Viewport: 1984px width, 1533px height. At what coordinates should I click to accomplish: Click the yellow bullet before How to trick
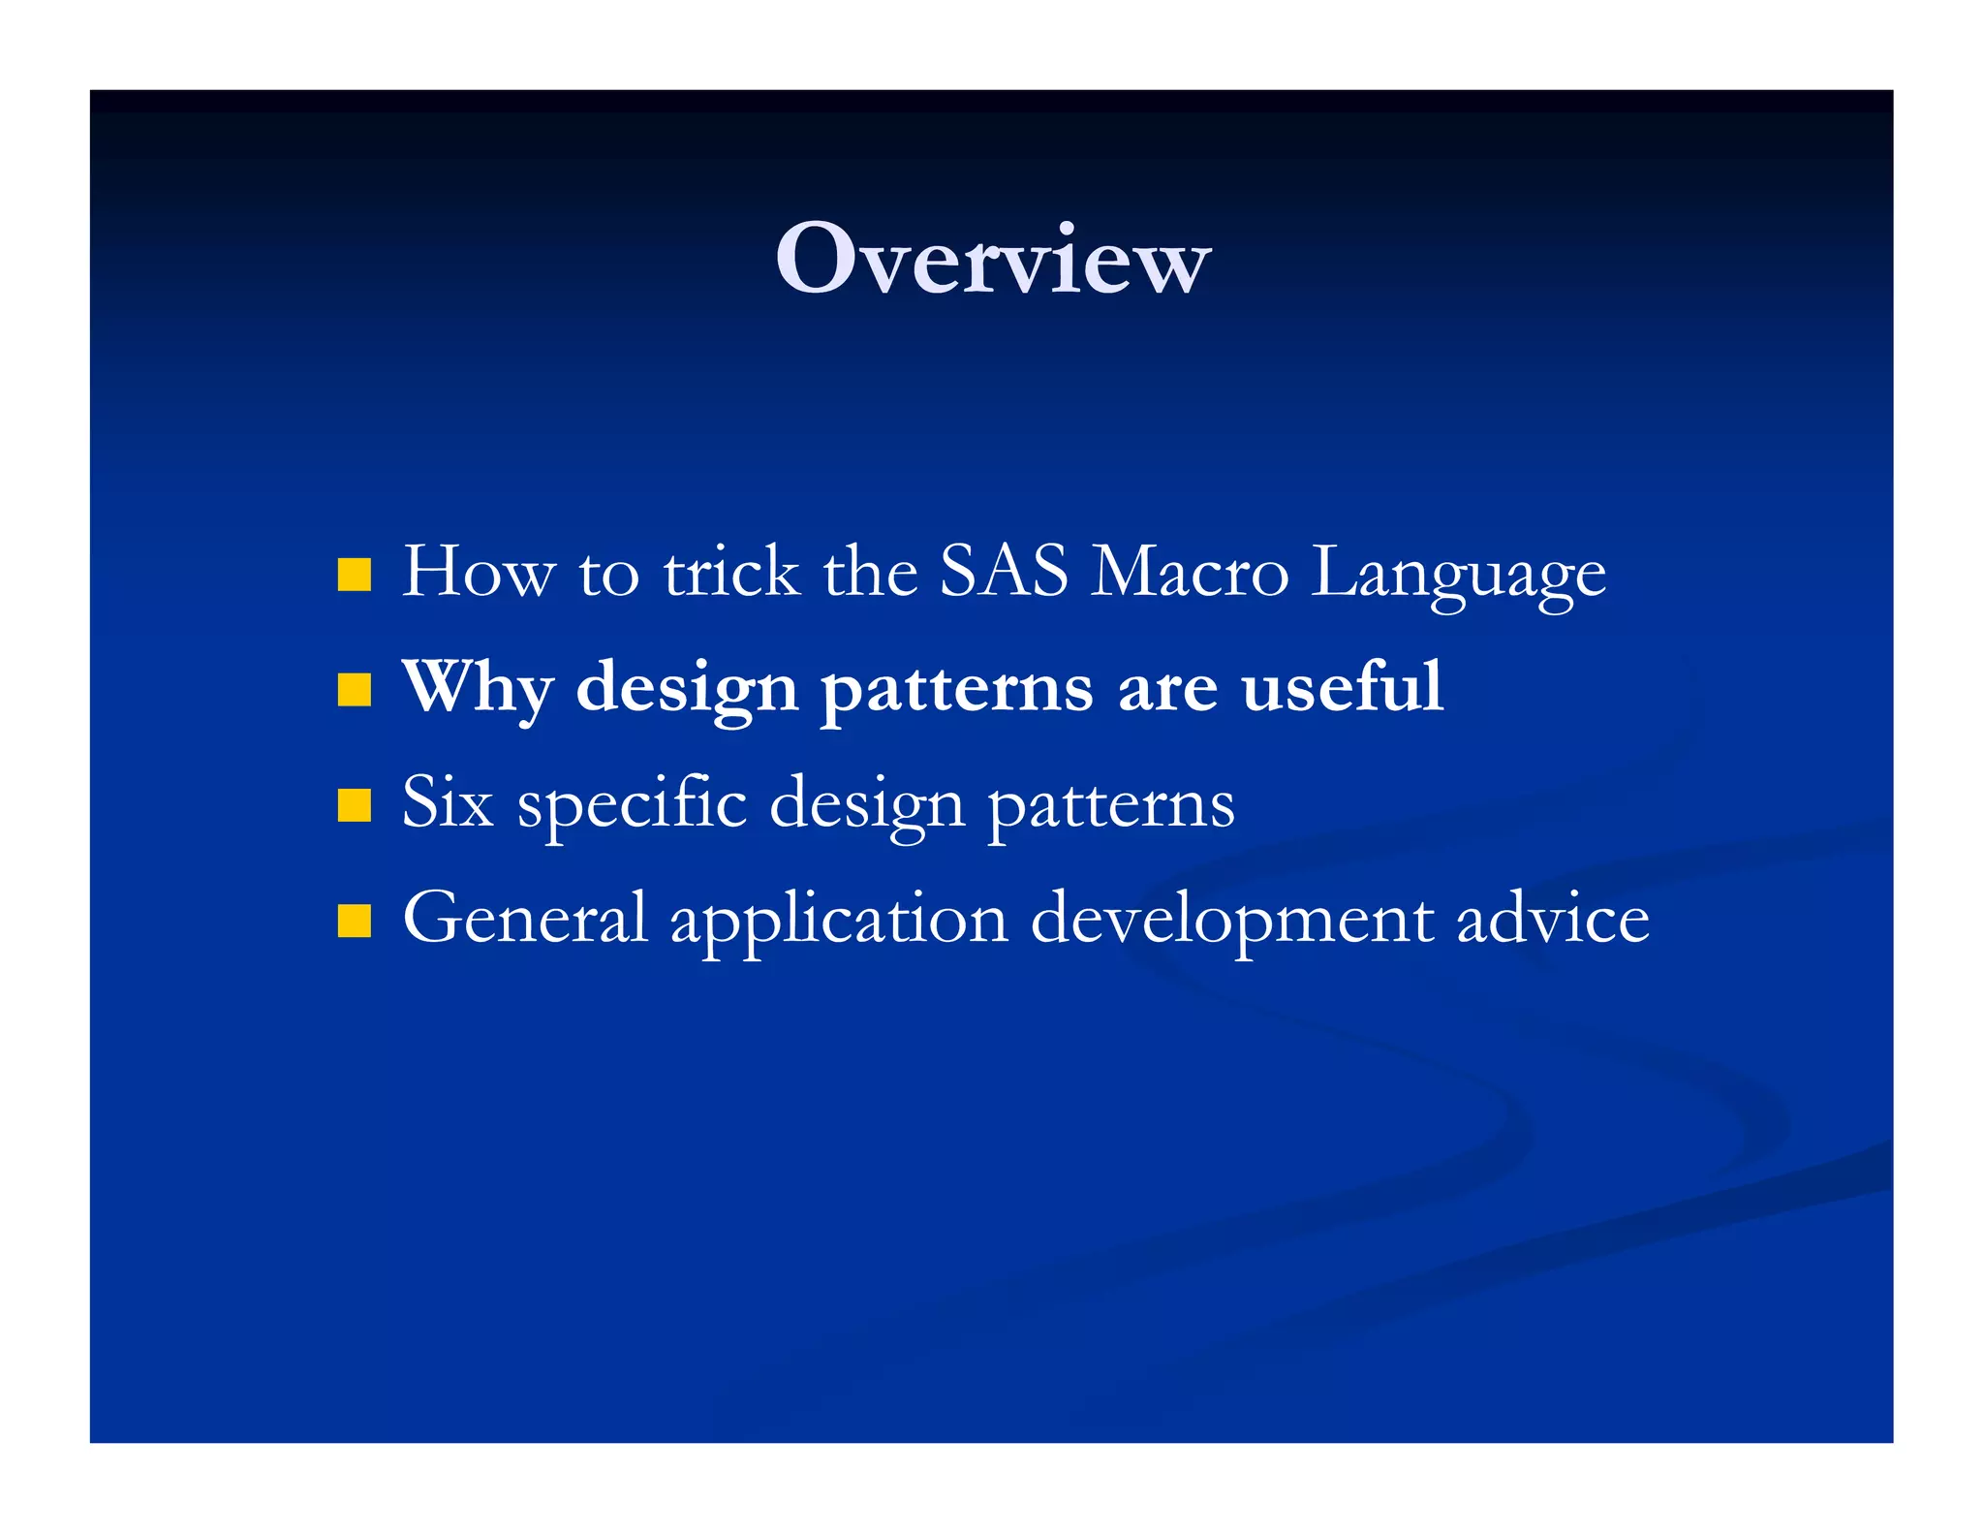click(355, 574)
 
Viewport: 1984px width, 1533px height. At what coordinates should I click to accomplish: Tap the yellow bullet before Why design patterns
click(355, 690)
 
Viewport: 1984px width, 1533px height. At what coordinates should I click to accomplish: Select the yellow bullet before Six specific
click(355, 805)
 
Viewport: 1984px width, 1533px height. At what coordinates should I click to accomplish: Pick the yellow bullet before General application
click(355, 921)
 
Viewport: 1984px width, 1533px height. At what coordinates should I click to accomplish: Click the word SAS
click(1004, 571)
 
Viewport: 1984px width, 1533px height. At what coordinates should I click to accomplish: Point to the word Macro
click(1190, 571)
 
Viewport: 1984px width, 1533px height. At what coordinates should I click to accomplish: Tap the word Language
click(1458, 575)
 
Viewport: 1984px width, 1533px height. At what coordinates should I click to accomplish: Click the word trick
click(731, 571)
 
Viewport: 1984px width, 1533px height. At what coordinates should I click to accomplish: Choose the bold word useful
click(1343, 686)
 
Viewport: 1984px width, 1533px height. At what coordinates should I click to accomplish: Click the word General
click(524, 918)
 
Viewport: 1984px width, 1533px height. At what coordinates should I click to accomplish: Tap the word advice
click(1553, 918)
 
